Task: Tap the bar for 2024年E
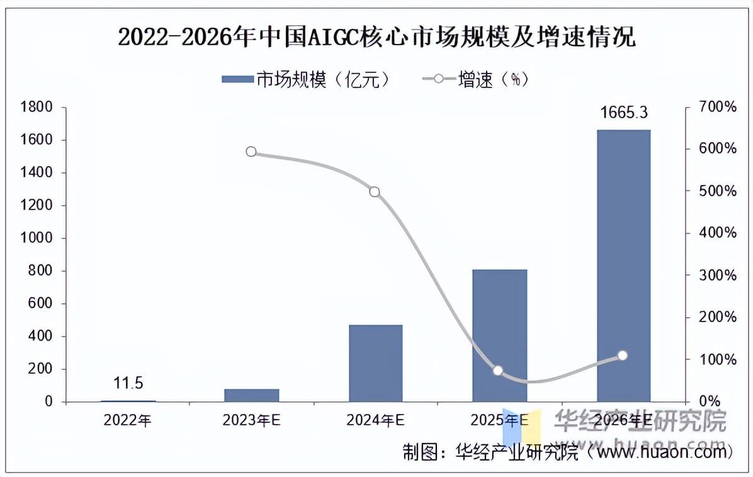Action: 376,363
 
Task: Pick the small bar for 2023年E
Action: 252,395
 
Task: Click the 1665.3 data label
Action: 623,113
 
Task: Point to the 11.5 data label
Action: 128,383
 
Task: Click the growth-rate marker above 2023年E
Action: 251,152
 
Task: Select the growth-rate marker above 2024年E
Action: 375,191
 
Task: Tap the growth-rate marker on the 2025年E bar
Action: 498,371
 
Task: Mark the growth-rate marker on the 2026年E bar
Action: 623,356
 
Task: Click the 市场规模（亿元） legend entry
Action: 309,79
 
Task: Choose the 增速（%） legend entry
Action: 476,79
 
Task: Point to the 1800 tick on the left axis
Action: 37,108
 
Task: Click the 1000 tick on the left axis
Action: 37,239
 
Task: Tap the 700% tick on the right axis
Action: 718,108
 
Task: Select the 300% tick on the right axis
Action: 718,276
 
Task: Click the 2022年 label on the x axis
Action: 128,420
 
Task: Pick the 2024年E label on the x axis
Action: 376,420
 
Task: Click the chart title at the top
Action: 376,38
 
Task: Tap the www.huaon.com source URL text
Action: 659,452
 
